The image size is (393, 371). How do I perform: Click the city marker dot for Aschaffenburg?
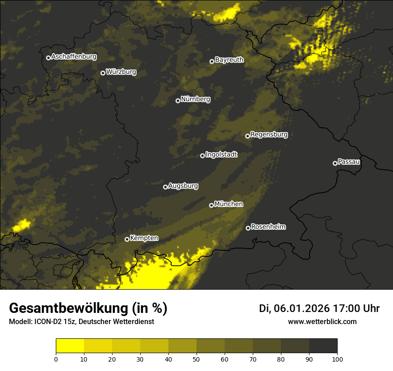pos(48,58)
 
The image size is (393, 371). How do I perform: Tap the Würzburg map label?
pos(121,72)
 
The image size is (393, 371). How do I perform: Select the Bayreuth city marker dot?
pos(212,61)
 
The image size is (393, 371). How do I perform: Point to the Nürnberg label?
pos(196,99)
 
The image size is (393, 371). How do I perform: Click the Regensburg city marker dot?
pos(247,136)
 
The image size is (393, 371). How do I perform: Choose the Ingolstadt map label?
pos(222,155)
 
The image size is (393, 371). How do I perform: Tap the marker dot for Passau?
pos(335,163)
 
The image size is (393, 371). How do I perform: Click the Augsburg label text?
pos(183,186)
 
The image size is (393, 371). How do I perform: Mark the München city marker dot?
pos(211,205)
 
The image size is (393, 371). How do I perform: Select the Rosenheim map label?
pos(268,227)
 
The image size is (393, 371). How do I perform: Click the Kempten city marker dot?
pos(127,239)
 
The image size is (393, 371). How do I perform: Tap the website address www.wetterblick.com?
pos(322,321)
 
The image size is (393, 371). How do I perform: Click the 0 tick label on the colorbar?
pos(56,359)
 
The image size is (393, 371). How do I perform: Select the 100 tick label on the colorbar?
pos(337,359)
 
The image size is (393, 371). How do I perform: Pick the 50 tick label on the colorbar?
pos(196,359)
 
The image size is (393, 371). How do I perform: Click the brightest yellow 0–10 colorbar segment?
pos(70,346)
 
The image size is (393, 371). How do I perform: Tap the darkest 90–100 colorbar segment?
pos(323,346)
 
